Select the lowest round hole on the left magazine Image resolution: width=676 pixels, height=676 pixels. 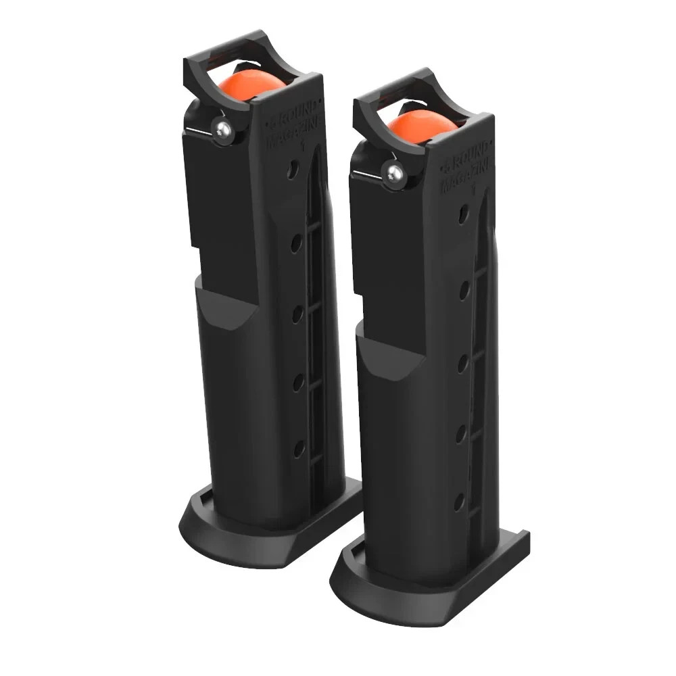click(x=297, y=447)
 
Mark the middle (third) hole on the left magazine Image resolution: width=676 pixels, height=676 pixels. click(x=295, y=313)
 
